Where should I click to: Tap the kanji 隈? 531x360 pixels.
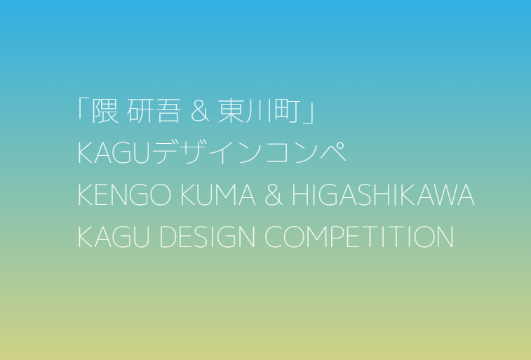point(105,111)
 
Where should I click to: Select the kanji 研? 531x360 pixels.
point(139,111)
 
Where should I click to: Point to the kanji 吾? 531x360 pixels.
point(166,111)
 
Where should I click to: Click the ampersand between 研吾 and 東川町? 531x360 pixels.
point(200,112)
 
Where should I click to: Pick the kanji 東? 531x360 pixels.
point(231,111)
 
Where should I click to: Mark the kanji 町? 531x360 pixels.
point(287,111)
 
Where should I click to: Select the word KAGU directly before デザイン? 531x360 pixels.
point(114,153)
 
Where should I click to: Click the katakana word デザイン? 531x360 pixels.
point(207,152)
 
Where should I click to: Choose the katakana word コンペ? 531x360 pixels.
point(306,152)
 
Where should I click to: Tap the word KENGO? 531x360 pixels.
point(124,194)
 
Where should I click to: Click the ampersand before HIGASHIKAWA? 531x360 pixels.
point(274,194)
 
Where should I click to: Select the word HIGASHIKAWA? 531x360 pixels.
point(384,194)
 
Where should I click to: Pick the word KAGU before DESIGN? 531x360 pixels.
point(114,237)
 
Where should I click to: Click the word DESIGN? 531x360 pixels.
point(207,237)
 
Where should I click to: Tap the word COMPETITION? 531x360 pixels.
point(359,237)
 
